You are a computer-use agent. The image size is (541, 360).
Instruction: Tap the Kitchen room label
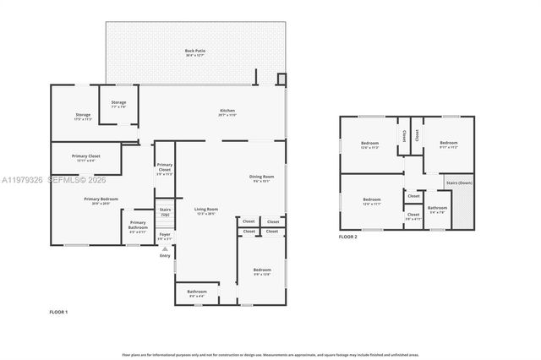coord(227,112)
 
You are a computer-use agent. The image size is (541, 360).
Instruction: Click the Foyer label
coord(165,237)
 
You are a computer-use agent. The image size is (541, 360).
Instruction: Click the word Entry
coord(165,255)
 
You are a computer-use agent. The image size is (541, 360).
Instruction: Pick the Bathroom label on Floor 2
coord(437,209)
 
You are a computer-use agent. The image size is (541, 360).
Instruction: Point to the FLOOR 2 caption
coord(348,237)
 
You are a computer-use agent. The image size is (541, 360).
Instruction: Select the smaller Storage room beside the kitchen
coord(118,104)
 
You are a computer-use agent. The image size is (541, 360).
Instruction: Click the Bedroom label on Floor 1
coord(262,271)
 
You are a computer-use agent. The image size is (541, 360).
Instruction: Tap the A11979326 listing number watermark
coord(23,179)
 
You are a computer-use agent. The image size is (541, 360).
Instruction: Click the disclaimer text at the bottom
coord(270,355)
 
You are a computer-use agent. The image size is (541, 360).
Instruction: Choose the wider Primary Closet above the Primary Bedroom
coord(85,157)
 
